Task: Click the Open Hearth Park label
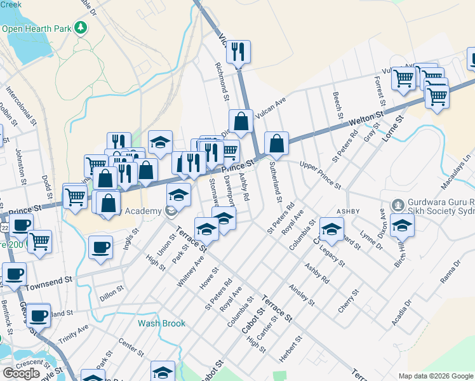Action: pyautogui.click(x=37, y=29)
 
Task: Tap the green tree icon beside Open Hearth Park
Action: pyautogui.click(x=81, y=27)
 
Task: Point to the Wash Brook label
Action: pyautogui.click(x=162, y=323)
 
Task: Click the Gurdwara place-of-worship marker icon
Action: pyautogui.click(x=398, y=205)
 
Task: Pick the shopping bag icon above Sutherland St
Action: pyautogui.click(x=276, y=144)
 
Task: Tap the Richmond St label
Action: pyautogui.click(x=221, y=81)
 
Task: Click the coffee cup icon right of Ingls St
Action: pyautogui.click(x=101, y=247)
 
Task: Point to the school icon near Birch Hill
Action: pyautogui.click(x=402, y=225)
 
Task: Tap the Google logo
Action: pyautogui.click(x=21, y=373)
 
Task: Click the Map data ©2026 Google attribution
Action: pyautogui.click(x=436, y=376)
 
